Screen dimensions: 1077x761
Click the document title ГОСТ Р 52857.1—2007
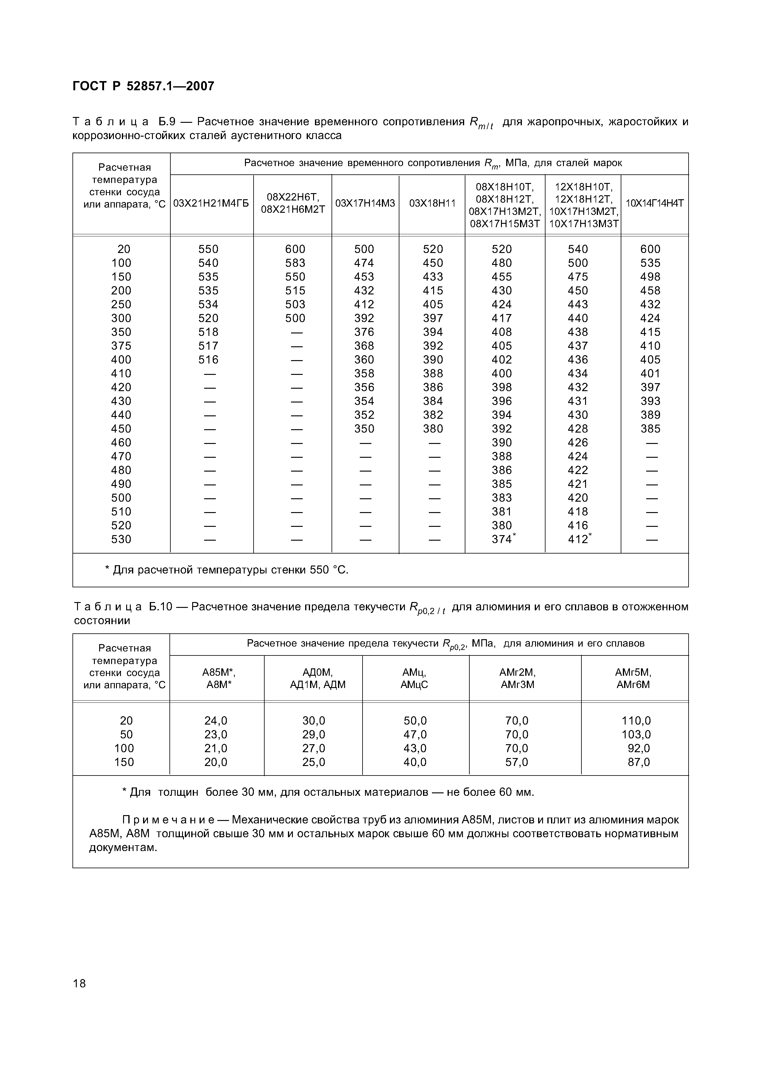pyautogui.click(x=143, y=86)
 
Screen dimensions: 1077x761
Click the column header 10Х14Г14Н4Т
pyautogui.click(x=654, y=204)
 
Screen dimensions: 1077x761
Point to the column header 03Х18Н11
pyautogui.click(x=432, y=204)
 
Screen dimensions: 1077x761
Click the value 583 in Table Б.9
pyautogui.click(x=295, y=263)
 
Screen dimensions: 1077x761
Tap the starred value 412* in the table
pyautogui.click(x=580, y=539)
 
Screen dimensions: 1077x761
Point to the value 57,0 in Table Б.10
pyautogui.click(x=516, y=762)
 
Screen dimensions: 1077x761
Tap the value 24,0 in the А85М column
pyautogui.click(x=216, y=721)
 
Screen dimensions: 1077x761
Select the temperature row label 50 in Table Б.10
pyautogui.click(x=126, y=735)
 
